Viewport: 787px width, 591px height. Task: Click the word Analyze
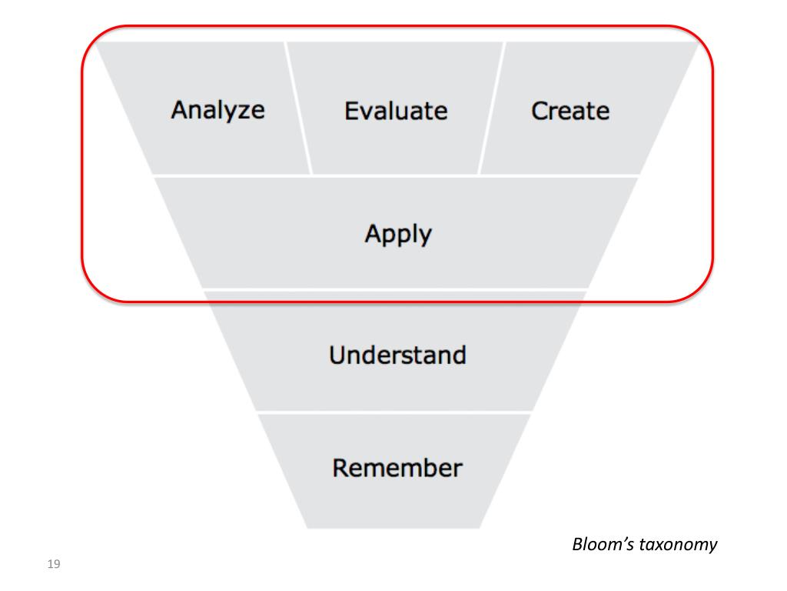point(218,110)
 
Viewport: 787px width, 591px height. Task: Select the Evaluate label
point(396,111)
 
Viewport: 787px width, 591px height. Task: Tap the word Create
point(570,111)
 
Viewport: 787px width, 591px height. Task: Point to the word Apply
point(398,234)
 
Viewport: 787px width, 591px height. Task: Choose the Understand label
point(397,355)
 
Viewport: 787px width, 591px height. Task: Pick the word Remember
point(397,468)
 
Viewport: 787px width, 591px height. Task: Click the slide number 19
point(53,566)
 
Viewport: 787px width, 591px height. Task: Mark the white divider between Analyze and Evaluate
point(298,108)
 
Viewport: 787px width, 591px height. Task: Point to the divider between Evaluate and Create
point(491,108)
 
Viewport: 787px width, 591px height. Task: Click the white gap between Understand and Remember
point(393,412)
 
